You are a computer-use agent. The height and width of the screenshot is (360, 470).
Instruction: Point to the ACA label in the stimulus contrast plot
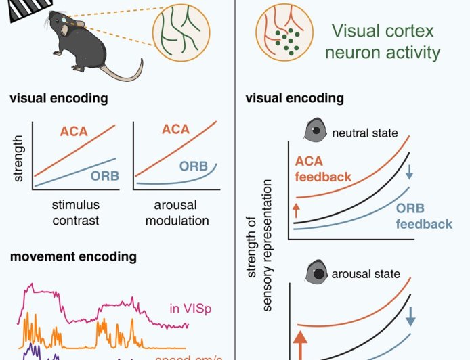[x=74, y=131]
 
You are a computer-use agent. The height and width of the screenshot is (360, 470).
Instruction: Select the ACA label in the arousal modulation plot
[x=175, y=129]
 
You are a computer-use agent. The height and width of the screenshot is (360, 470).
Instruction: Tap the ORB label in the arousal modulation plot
[x=194, y=166]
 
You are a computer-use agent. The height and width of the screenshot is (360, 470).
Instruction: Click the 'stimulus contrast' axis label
[x=75, y=212]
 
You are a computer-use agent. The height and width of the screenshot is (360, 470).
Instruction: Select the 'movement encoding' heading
[x=72, y=256]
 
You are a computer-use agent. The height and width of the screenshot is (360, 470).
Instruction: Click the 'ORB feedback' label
[x=425, y=217]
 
